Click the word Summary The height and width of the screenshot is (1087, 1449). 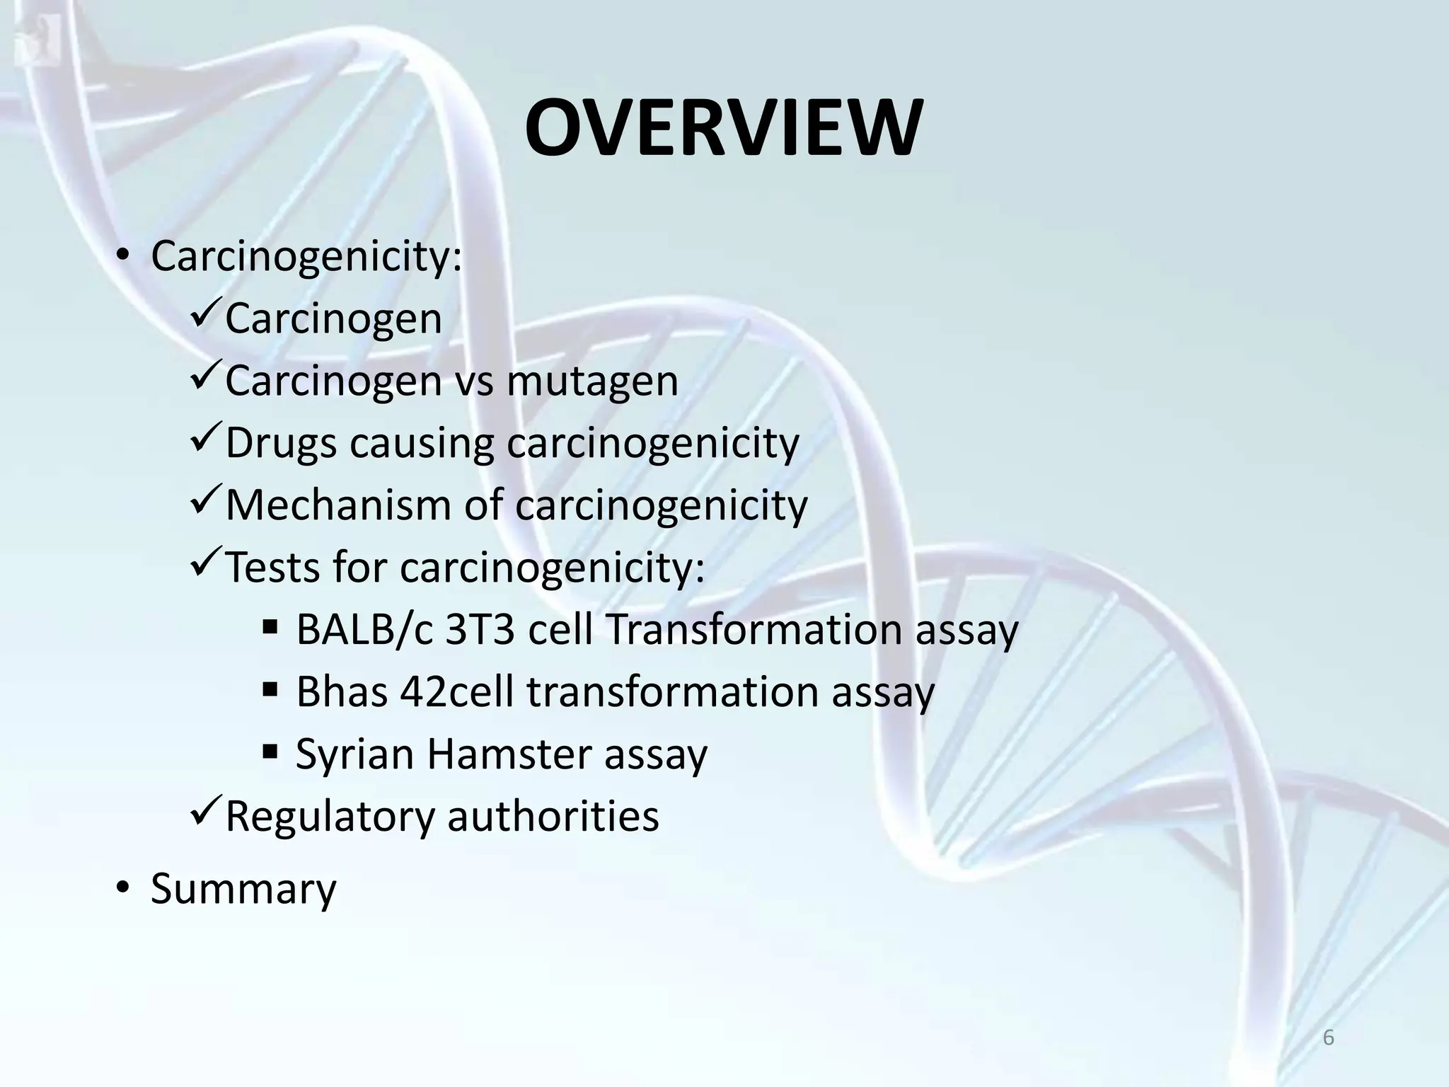[x=243, y=889]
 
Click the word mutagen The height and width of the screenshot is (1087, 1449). [x=592, y=382]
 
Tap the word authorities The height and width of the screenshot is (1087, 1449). [x=553, y=816]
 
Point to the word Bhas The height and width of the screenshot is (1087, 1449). [x=341, y=692]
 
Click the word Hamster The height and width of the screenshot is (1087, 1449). [x=509, y=754]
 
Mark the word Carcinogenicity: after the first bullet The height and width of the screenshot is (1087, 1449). [x=306, y=258]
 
